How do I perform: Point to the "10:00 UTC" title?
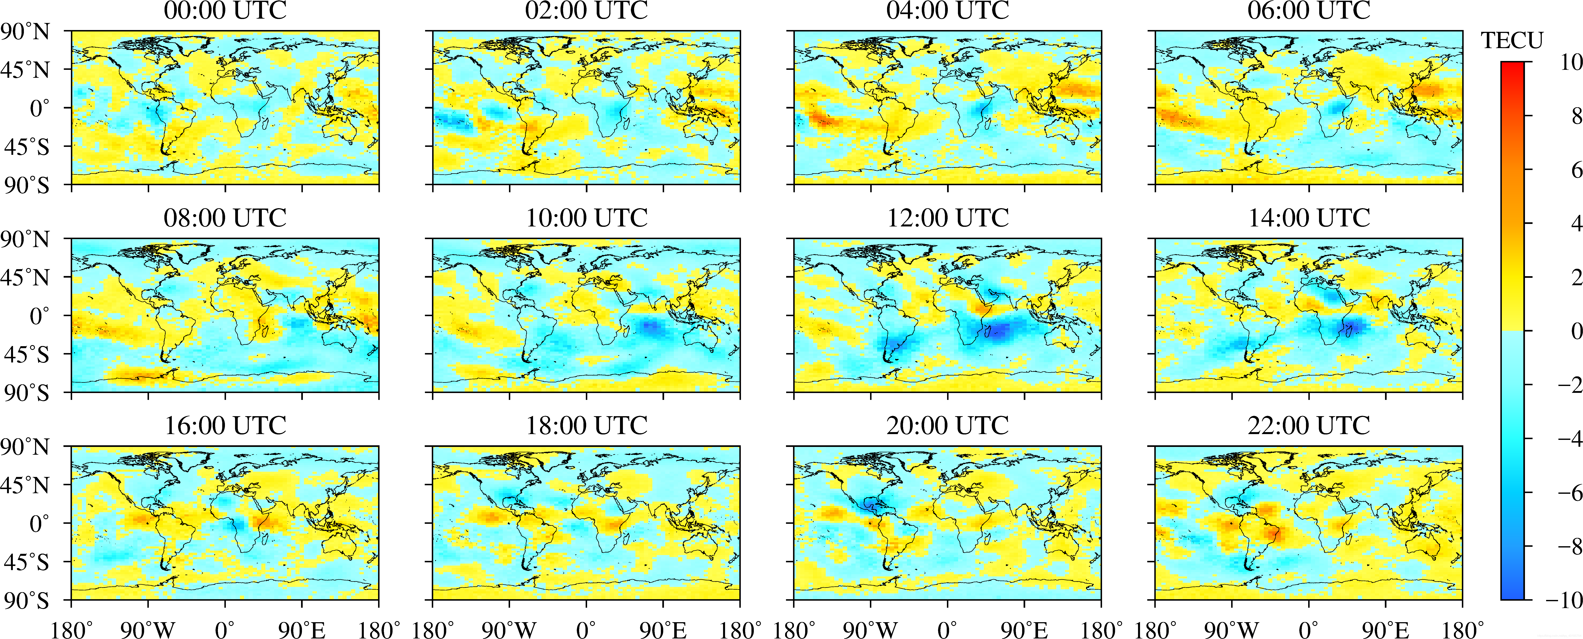(x=586, y=218)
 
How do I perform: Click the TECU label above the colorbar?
(x=1512, y=41)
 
